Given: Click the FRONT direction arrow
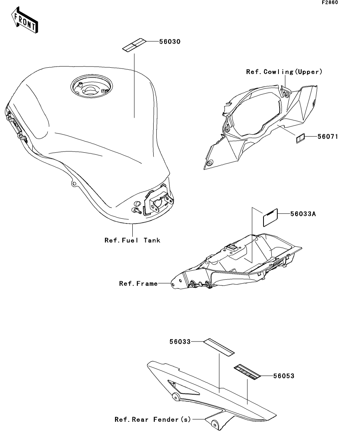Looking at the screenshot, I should [25, 22].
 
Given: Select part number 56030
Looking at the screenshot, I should [170, 42].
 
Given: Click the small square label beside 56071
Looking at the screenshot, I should [300, 138].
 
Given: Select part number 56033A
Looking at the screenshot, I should [303, 214].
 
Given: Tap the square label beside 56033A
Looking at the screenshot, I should [271, 217].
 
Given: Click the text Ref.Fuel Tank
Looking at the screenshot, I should [132, 240].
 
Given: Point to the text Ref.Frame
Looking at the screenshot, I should [138, 283].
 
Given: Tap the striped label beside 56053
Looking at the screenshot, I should [247, 372].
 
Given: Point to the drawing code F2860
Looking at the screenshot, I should [330, 3].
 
